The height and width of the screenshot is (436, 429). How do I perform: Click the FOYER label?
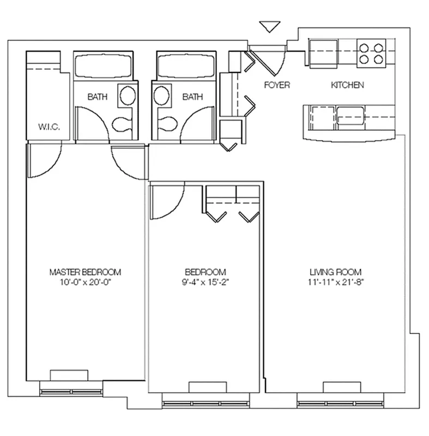(277, 85)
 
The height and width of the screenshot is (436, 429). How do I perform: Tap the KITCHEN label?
(348, 85)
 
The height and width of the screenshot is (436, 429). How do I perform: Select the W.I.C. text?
(49, 127)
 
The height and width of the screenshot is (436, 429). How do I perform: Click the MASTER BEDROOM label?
(86, 272)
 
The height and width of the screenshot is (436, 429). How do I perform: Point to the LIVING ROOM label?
(336, 272)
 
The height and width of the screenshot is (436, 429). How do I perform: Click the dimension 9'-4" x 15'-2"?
(206, 282)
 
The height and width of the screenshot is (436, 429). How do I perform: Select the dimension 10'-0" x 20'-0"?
(86, 282)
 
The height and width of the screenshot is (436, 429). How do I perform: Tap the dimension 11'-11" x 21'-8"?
(336, 282)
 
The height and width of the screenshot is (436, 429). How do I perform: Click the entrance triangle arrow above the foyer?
(269, 26)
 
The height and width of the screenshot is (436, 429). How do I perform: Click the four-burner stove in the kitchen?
(371, 53)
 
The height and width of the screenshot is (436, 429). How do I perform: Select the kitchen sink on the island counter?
(351, 116)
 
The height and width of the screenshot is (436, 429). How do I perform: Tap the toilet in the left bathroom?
(122, 124)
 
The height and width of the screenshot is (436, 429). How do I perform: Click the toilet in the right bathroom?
(168, 123)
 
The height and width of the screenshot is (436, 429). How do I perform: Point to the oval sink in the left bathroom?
(128, 96)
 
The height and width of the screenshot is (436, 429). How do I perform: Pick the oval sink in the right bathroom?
(161, 96)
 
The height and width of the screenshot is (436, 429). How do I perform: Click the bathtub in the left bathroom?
(103, 66)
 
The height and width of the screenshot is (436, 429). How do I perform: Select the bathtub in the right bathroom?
(186, 66)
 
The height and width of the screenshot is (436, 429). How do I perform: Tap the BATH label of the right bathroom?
(192, 97)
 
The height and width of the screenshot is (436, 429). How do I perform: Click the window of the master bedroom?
(71, 392)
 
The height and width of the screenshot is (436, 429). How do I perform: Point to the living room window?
(340, 403)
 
